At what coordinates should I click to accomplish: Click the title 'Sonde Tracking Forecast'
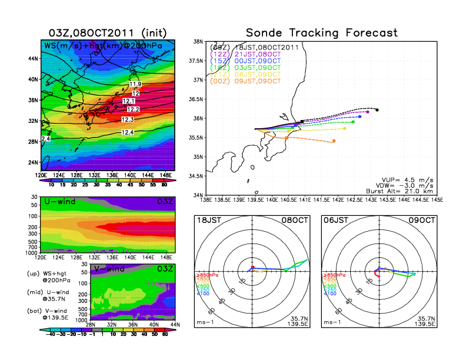321,33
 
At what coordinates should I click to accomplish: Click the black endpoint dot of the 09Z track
377,109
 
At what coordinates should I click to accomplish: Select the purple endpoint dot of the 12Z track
368,112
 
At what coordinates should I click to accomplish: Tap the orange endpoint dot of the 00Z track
334,141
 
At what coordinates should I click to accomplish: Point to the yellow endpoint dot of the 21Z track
344,129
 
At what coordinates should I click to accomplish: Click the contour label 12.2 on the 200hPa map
132,109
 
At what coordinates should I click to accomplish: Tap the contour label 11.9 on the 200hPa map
135,84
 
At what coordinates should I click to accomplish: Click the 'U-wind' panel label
60,202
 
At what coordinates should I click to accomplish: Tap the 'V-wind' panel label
105,269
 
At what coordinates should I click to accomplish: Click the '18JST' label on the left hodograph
209,220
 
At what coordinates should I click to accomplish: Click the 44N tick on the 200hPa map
33,59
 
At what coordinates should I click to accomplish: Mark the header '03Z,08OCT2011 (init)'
98,32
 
